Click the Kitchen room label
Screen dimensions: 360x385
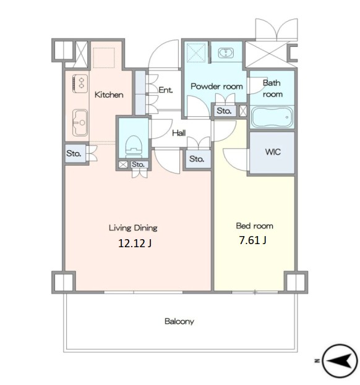click(x=109, y=95)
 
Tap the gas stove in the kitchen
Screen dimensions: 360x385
click(x=80, y=83)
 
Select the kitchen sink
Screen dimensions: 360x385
click(x=80, y=122)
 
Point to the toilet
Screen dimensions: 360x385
click(x=134, y=146)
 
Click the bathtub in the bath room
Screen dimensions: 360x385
click(x=272, y=117)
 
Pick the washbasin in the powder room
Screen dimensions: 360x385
click(x=226, y=53)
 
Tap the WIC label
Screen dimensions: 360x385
click(x=273, y=152)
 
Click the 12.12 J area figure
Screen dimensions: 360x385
click(x=135, y=243)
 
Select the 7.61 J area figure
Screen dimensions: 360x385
click(x=252, y=240)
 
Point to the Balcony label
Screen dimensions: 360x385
click(x=179, y=321)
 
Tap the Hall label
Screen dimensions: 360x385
click(x=179, y=133)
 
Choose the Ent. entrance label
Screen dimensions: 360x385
click(x=166, y=90)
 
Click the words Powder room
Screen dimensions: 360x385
click(x=216, y=87)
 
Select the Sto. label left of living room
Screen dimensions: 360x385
click(x=74, y=153)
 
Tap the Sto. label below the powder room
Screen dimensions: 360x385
click(x=224, y=111)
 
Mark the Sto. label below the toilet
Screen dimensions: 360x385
click(x=138, y=164)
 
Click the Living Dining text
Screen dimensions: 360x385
click(x=133, y=228)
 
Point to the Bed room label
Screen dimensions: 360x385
click(x=255, y=226)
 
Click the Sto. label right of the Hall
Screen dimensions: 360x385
click(x=197, y=159)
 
